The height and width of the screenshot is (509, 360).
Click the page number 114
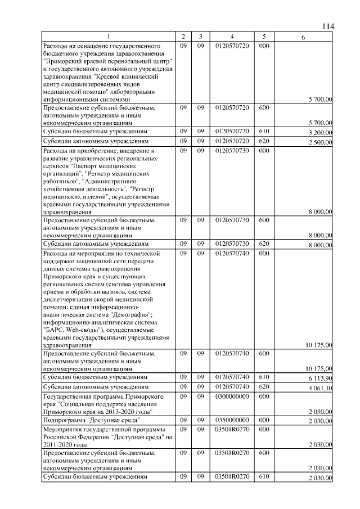pyautogui.click(x=328, y=27)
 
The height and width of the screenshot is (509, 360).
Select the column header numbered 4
pyautogui.click(x=232, y=37)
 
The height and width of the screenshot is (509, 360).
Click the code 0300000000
pyautogui.click(x=232, y=397)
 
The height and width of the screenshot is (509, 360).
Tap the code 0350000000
pyautogui.click(x=232, y=420)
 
